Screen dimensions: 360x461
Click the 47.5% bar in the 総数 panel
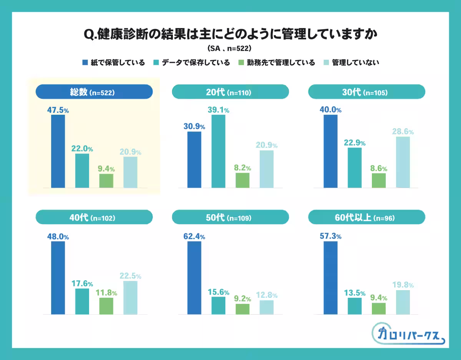tap(58, 151)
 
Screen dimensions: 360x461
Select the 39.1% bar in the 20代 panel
tap(218, 151)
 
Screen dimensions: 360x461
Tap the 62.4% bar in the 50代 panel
tap(194, 278)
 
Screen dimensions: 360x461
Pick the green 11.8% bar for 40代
tap(106, 306)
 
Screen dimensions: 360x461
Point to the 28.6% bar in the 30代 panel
tap(403, 162)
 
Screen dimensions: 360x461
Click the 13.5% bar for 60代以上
tap(355, 306)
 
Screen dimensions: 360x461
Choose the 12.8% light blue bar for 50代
tap(267, 307)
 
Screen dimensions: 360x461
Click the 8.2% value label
tap(243, 168)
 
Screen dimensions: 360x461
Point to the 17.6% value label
tap(82, 284)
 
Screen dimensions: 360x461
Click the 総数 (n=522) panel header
tap(94, 92)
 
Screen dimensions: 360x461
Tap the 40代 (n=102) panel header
tap(94, 218)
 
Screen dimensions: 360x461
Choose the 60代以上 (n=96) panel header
tap(366, 218)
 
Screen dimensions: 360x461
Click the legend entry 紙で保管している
tap(113, 63)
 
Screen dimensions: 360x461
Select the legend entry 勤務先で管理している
tap(276, 63)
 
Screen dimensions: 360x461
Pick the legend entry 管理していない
tap(352, 63)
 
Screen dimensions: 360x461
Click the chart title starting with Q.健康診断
tap(230, 34)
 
